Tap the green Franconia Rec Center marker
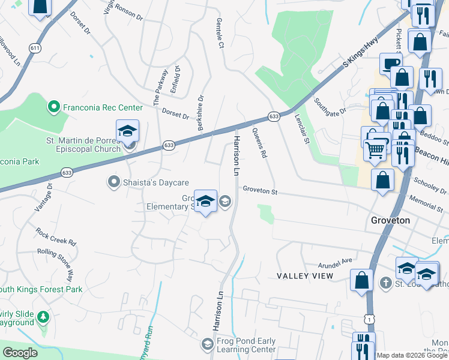click(x=53, y=107)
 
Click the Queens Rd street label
click(x=259, y=143)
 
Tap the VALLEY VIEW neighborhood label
click(x=305, y=275)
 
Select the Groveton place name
click(x=390, y=220)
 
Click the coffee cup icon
click(x=391, y=64)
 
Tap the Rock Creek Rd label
click(x=56, y=236)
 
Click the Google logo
click(x=20, y=353)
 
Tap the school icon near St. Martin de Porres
click(x=128, y=131)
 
